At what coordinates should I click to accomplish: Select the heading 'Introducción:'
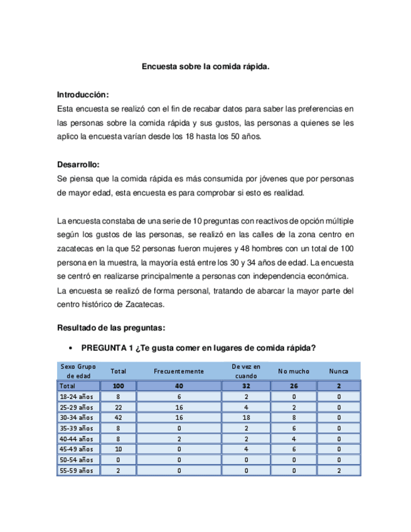pos(83,95)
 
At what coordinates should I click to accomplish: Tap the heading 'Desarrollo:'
pos(78,164)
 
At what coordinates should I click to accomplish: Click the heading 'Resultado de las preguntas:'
pos(111,327)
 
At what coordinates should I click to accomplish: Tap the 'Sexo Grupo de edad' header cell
pos(77,371)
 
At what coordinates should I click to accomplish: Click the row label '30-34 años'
pos(76,417)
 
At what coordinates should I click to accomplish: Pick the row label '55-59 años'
pos(76,470)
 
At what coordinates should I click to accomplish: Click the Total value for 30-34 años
pos(118,417)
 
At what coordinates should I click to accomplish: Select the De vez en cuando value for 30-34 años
pos(246,417)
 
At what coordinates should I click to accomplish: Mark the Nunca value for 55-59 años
pos(339,470)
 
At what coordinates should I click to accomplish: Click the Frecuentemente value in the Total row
pos(179,386)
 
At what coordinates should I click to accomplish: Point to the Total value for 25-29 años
pos(118,407)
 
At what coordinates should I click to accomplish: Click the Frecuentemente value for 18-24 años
pos(179,396)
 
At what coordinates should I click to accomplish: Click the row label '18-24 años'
pos(76,396)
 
